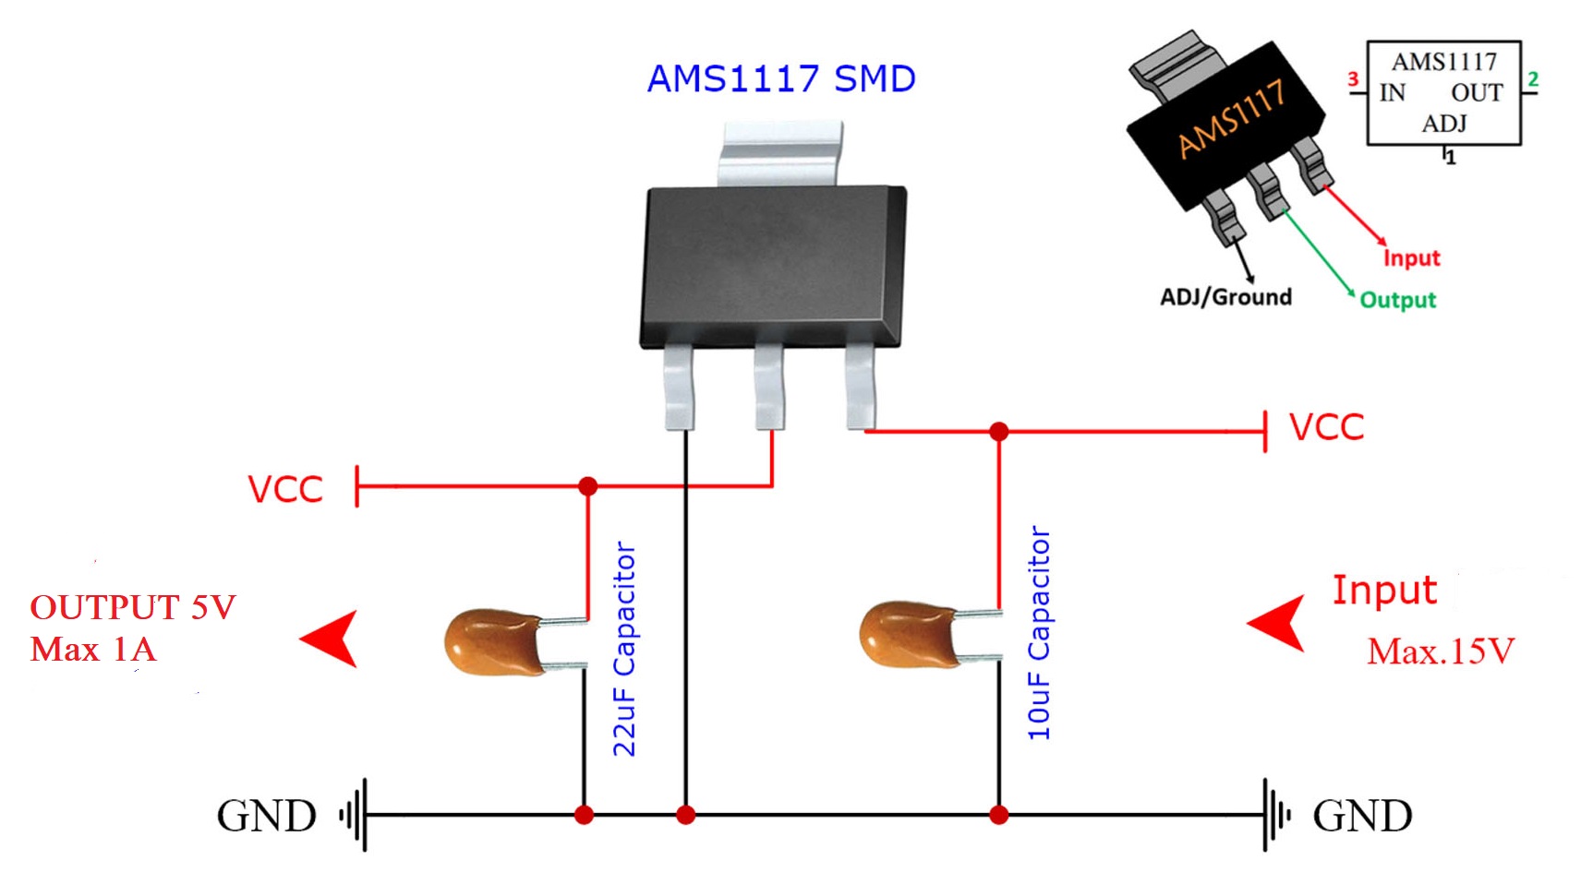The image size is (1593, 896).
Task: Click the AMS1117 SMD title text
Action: click(x=780, y=78)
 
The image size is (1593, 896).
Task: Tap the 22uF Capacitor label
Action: click(x=625, y=650)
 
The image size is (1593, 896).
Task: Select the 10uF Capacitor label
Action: click(x=1040, y=633)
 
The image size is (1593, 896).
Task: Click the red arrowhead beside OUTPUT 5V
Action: click(x=332, y=639)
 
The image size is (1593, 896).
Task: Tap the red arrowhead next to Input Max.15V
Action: click(x=1280, y=624)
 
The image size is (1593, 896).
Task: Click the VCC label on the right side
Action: click(x=1326, y=428)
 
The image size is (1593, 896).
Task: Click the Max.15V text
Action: click(x=1440, y=651)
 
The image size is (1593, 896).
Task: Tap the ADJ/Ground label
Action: click(x=1225, y=297)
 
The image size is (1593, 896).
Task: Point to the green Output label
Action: click(x=1398, y=300)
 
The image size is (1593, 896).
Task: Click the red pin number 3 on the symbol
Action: click(x=1353, y=79)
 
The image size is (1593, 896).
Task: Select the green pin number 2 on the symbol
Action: click(x=1533, y=79)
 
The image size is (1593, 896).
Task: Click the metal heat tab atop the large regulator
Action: click(x=780, y=152)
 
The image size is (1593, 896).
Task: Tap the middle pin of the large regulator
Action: click(x=769, y=386)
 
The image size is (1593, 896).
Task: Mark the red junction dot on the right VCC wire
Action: click(x=998, y=431)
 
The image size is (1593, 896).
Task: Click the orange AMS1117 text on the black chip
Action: click(x=1231, y=117)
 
